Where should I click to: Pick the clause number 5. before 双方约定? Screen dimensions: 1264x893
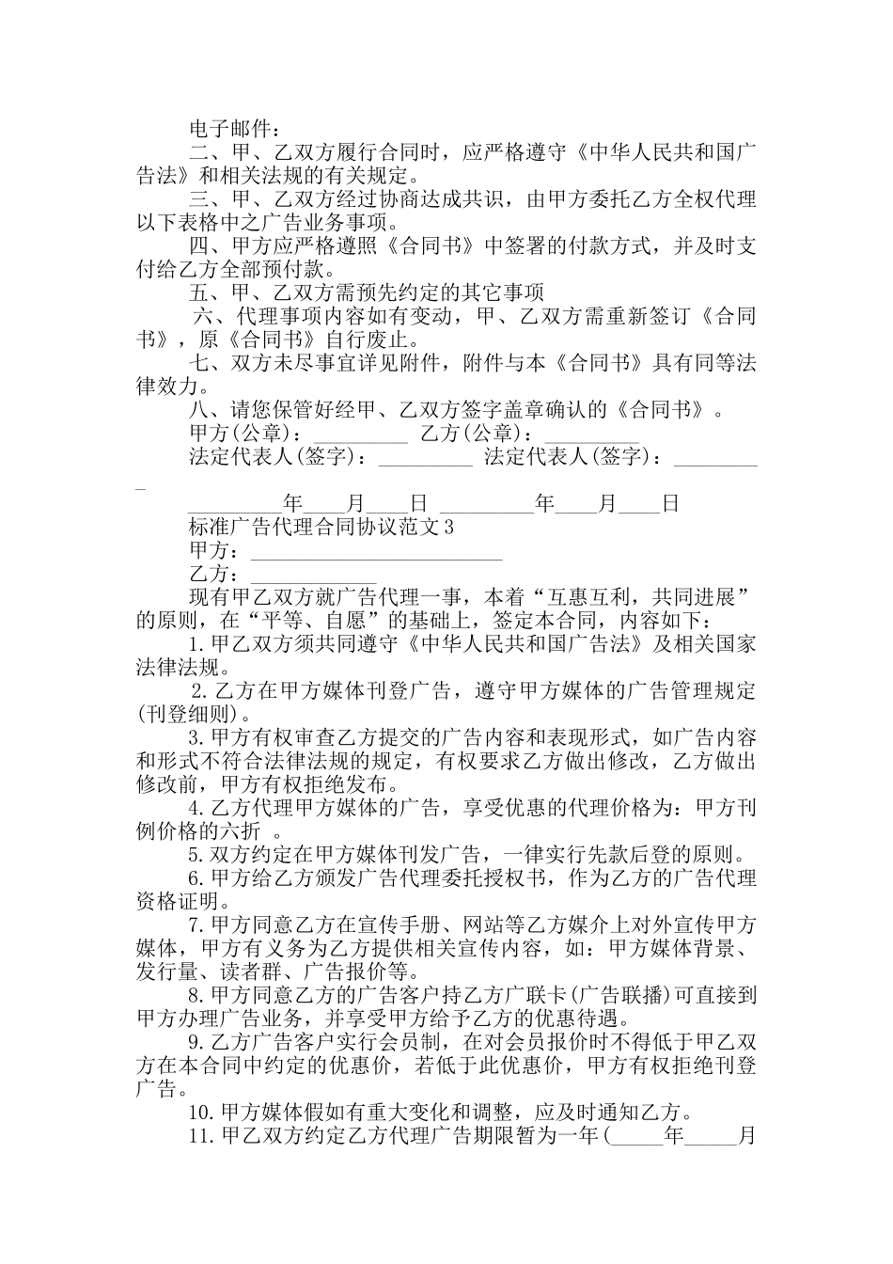pyautogui.click(x=196, y=855)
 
